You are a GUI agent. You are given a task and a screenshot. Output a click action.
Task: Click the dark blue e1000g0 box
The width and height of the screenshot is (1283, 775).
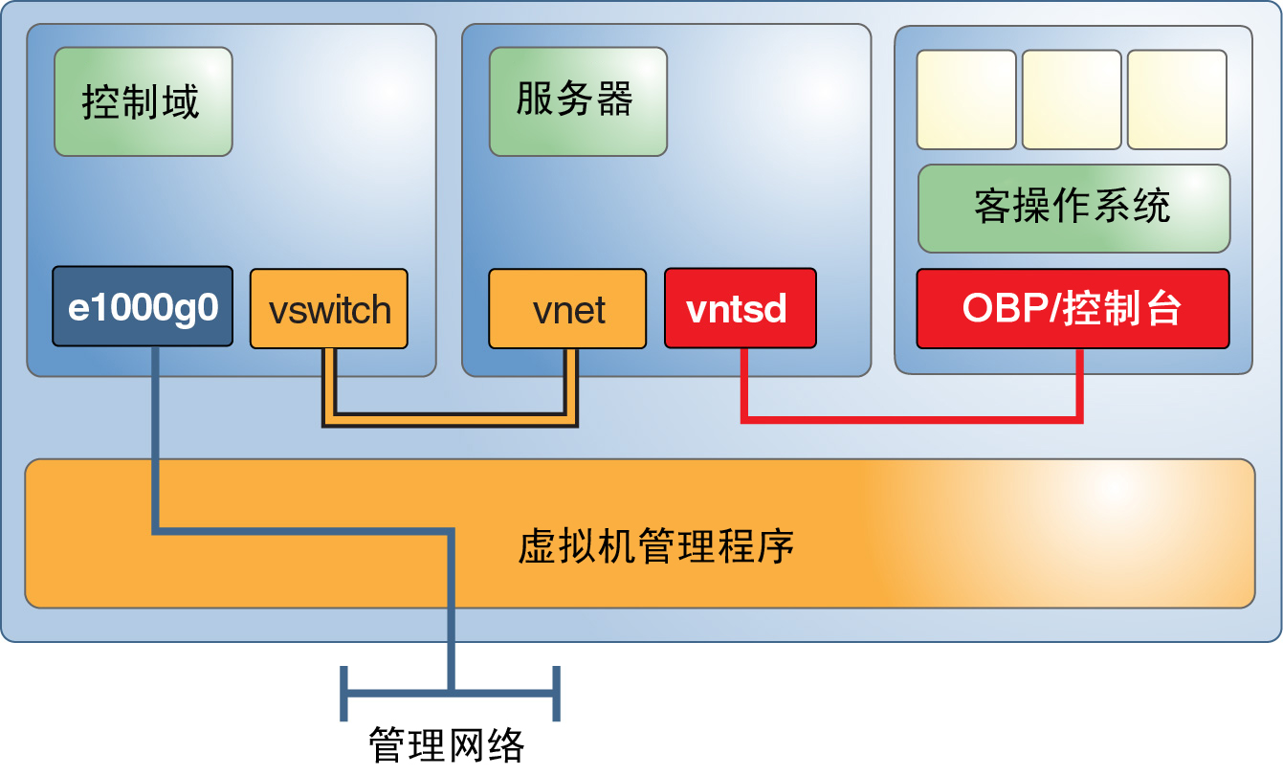[143, 307]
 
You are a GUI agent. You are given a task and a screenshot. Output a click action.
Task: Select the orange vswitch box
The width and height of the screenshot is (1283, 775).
[329, 309]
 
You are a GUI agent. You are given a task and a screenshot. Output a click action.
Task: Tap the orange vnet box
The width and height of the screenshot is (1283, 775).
[567, 309]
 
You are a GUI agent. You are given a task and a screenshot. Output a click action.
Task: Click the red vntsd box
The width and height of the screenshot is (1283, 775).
[740, 309]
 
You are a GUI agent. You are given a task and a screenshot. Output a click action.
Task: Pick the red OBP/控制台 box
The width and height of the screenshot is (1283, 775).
[1073, 309]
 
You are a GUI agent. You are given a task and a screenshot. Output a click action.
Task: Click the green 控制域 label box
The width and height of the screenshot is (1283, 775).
[143, 101]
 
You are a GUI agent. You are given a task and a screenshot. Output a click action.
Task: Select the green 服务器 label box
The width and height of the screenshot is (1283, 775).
[578, 101]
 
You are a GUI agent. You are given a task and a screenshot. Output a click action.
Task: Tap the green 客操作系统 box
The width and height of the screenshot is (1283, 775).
[1073, 208]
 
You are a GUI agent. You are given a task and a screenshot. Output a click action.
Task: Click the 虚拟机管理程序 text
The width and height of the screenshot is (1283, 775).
[656, 547]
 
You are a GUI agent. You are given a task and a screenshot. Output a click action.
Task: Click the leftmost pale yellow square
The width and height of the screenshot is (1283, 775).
[966, 100]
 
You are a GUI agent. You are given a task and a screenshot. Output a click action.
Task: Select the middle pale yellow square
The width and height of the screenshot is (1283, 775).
[1072, 100]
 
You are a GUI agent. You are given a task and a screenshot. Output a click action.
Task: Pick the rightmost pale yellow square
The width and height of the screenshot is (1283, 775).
[1177, 100]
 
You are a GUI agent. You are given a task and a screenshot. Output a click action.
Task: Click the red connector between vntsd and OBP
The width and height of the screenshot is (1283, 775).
[909, 417]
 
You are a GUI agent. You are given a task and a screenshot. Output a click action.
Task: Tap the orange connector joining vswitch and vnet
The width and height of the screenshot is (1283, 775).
[450, 419]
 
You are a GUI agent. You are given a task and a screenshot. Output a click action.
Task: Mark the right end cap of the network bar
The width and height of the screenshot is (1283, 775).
[556, 692]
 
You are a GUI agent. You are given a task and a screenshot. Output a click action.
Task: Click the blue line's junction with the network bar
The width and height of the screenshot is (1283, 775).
[451, 690]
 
